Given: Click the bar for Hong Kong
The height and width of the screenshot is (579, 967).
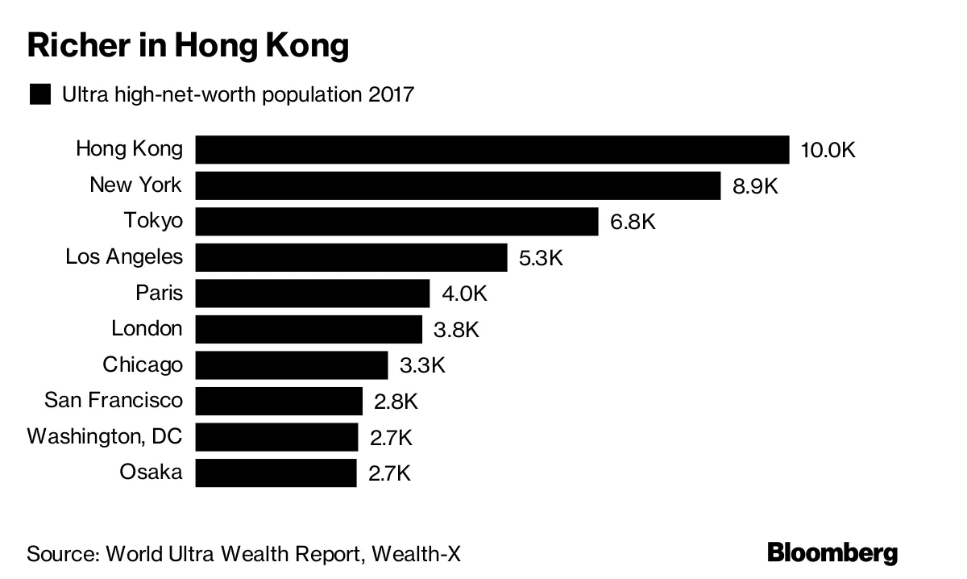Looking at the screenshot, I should tap(492, 150).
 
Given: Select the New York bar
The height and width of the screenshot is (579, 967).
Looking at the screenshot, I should tap(457, 185).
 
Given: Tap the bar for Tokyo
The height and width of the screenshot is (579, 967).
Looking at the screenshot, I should tap(396, 222).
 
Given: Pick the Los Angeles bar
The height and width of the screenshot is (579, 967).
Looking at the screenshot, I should tap(351, 257).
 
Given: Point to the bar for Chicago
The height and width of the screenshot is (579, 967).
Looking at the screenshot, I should tap(291, 365).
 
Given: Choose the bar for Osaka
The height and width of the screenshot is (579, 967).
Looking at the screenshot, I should tap(276, 473).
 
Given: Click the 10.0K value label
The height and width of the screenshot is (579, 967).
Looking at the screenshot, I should tap(828, 151).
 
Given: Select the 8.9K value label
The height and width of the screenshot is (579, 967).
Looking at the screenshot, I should tap(755, 186).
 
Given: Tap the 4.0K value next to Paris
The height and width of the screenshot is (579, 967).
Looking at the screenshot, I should tap(464, 294).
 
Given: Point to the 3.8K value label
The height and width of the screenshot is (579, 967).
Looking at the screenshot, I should tap(457, 330).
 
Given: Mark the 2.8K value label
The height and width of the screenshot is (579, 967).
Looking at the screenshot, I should tap(396, 402).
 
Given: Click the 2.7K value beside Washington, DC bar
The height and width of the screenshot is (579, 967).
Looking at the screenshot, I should tap(391, 438).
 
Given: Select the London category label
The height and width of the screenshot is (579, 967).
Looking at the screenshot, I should tap(147, 329).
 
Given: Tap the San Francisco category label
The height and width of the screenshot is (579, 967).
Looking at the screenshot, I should tap(113, 401).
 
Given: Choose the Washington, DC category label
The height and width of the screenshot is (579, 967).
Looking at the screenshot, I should tap(105, 437).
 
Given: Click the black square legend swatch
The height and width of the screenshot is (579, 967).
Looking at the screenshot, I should tap(39, 94).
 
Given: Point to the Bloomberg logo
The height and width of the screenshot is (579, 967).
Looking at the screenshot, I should tap(832, 553).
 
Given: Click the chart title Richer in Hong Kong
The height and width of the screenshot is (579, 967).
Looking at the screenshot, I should tap(188, 47).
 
